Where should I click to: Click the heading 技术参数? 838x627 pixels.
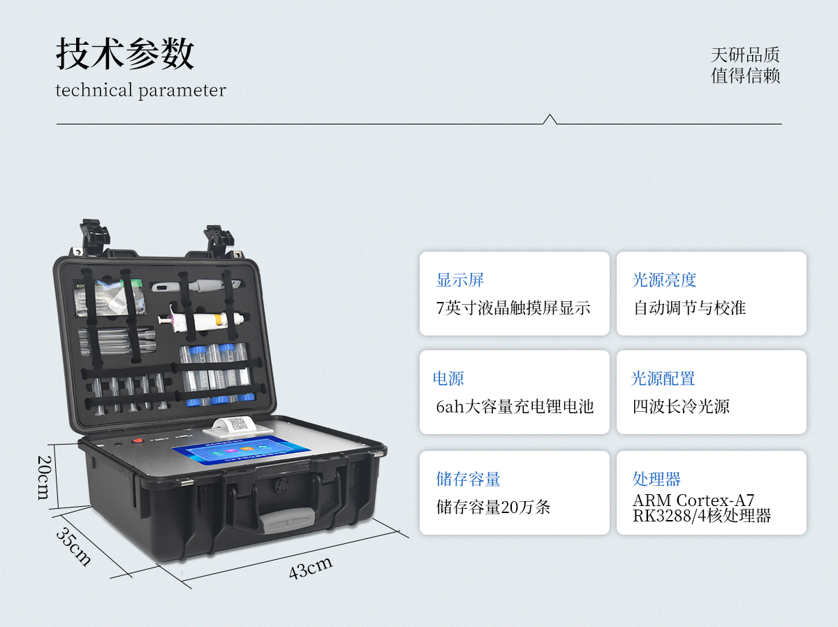(x=125, y=54)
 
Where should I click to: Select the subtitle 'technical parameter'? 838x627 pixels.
(x=140, y=90)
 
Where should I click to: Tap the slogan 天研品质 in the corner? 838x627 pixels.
(x=745, y=55)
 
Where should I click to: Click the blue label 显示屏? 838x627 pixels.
(x=460, y=280)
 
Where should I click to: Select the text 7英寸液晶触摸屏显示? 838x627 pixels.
(x=513, y=308)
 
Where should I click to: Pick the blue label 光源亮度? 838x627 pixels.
(x=664, y=280)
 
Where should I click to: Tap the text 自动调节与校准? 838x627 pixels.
(x=690, y=308)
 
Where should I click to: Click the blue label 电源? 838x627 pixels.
(x=448, y=379)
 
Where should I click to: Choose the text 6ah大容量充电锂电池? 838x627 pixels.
(x=515, y=406)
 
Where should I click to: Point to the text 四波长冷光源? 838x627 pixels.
(x=681, y=406)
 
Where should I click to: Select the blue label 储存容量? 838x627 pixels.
(x=469, y=479)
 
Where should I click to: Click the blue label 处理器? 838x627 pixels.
(x=656, y=479)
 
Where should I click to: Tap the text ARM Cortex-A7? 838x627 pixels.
(x=693, y=500)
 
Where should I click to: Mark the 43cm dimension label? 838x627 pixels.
(x=311, y=567)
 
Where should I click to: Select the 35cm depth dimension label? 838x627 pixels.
(x=73, y=546)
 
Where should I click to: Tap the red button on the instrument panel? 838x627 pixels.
(x=138, y=441)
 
